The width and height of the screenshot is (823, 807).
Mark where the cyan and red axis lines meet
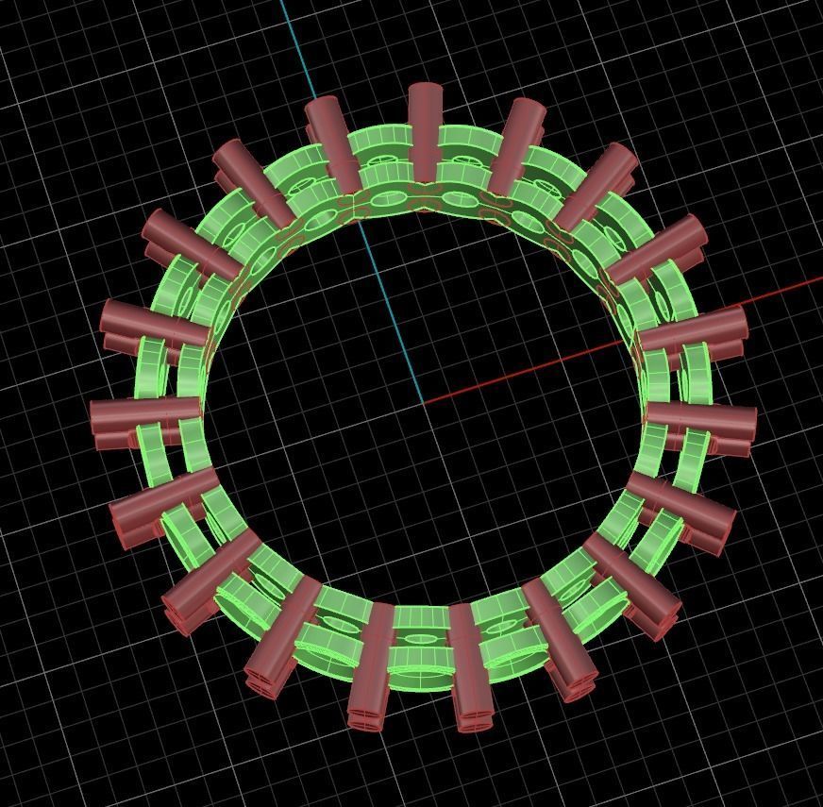[421, 403]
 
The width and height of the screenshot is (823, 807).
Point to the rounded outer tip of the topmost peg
[425, 90]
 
